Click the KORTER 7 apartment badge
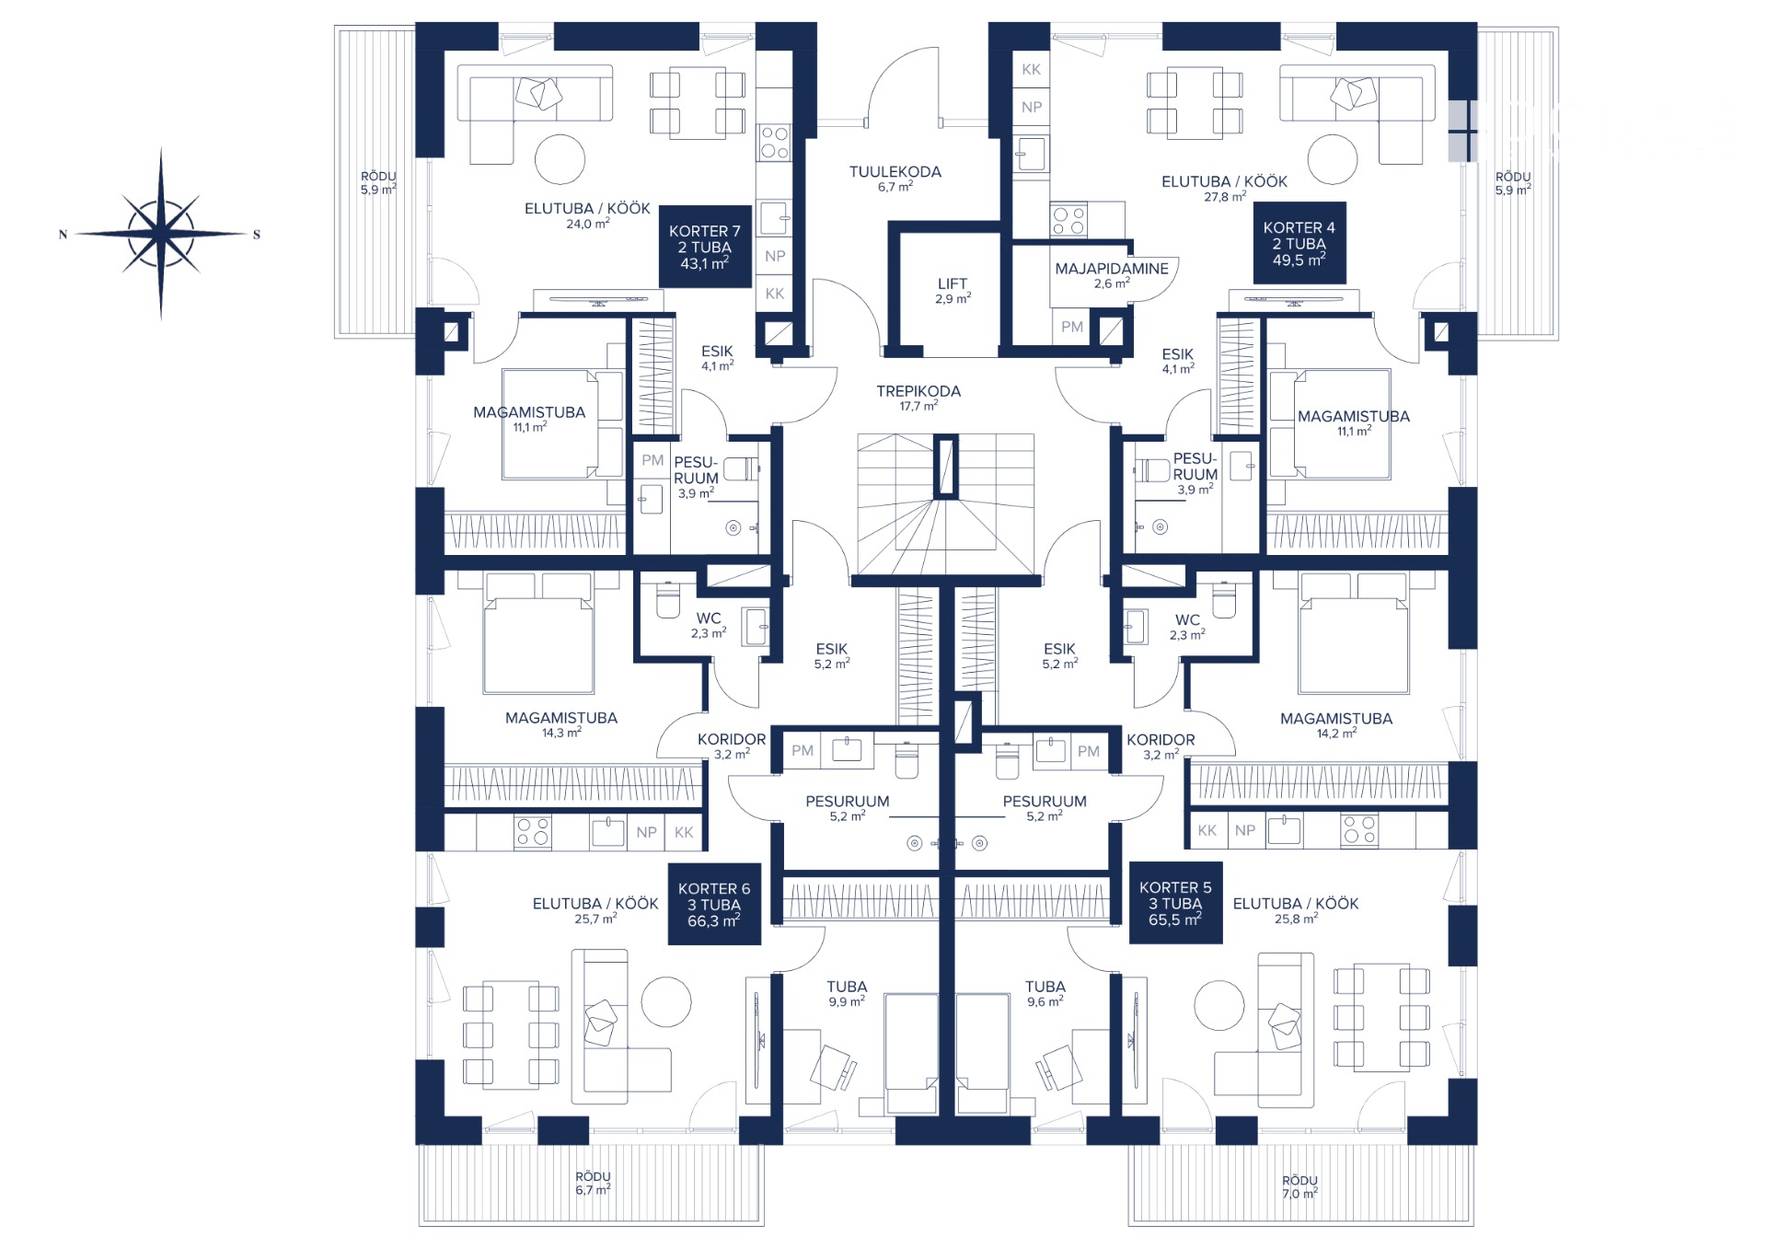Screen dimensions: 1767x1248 point(705,246)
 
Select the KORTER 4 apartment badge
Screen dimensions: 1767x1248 point(1299,243)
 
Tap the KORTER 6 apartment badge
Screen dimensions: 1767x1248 point(714,904)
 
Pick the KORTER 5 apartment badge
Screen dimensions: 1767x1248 point(1175,903)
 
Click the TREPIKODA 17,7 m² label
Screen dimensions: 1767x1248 point(918,398)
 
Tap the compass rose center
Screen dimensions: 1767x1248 point(161,234)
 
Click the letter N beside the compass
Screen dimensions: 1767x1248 point(63,235)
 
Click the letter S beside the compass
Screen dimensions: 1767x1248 point(257,235)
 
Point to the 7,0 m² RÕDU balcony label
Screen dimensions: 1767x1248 point(1299,1186)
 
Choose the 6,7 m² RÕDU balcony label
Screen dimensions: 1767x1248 point(594,1183)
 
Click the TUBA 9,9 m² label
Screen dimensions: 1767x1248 point(847,994)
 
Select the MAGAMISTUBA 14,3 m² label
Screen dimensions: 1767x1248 point(561,725)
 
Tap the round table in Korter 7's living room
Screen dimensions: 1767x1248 point(560,159)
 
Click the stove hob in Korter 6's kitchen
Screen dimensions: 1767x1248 point(532,832)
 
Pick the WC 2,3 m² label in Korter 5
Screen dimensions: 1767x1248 point(1187,627)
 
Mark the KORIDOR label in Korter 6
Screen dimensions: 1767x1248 point(732,746)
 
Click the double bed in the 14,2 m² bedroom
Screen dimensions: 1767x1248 point(1353,633)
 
